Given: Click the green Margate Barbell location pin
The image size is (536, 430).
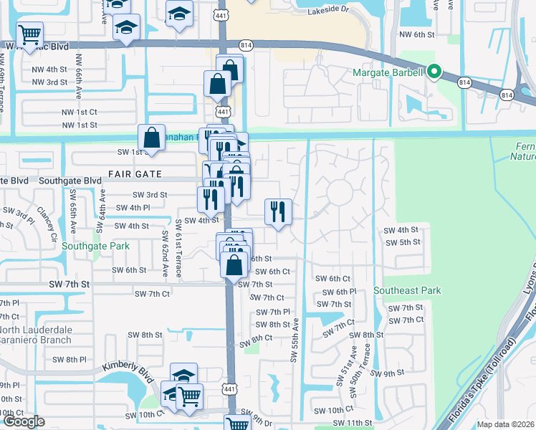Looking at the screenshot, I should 434,72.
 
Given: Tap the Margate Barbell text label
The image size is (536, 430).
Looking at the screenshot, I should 391,72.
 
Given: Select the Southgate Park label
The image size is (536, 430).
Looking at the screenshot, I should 95,246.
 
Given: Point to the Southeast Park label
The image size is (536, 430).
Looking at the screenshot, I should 407,290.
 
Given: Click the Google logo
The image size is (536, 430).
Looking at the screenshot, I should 24,421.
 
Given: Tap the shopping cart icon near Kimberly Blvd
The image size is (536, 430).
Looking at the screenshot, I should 189,396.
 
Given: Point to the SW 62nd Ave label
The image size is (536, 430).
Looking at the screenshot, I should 164,254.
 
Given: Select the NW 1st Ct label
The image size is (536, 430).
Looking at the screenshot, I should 79,113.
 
